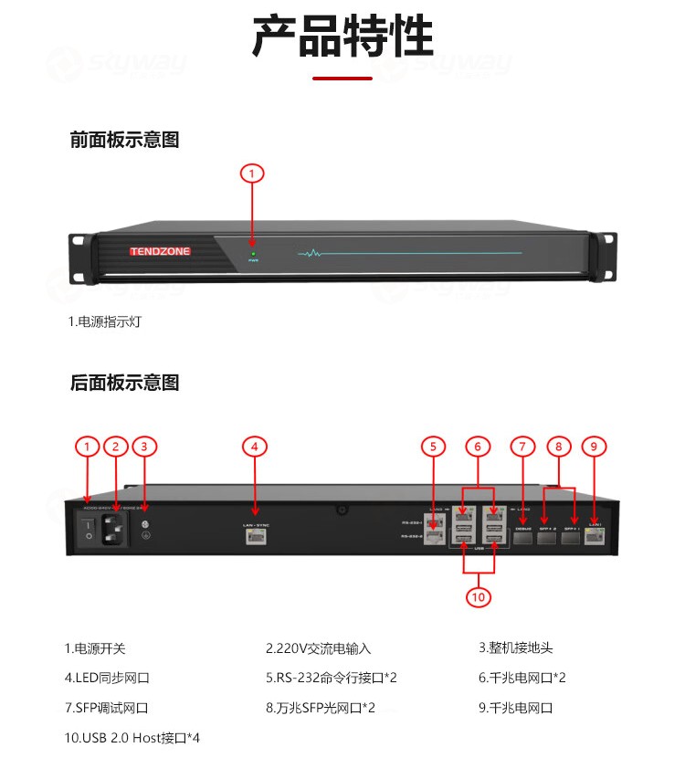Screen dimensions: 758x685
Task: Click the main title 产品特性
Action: click(x=342, y=38)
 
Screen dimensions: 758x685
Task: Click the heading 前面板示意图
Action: click(x=124, y=140)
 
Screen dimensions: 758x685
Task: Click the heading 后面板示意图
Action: click(x=124, y=383)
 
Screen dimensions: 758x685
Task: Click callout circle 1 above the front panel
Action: click(x=253, y=173)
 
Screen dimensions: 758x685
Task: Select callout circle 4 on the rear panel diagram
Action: click(x=255, y=447)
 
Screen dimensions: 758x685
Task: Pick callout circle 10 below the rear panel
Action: click(x=478, y=596)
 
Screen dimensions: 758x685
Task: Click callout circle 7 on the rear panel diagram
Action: click(x=522, y=447)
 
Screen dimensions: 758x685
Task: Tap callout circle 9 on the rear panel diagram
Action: click(x=594, y=447)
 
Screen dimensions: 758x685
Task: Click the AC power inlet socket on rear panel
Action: click(x=116, y=530)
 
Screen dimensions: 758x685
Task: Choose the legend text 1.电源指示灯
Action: click(x=105, y=321)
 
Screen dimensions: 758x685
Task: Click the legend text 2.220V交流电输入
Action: click(x=318, y=648)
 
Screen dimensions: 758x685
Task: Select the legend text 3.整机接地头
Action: click(x=515, y=648)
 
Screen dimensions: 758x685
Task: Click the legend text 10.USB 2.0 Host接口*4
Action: click(x=132, y=737)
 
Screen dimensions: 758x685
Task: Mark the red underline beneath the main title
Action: click(x=342, y=79)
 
